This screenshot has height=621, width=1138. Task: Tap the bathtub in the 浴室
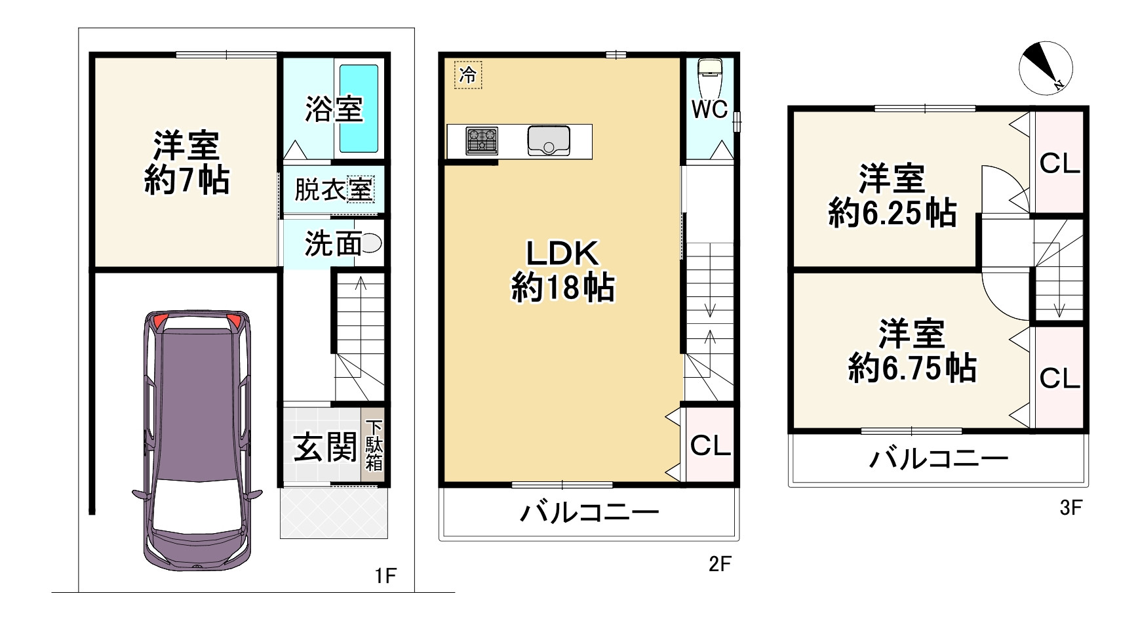(359, 108)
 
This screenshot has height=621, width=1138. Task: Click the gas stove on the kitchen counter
(482, 141)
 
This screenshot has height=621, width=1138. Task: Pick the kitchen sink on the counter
(549, 141)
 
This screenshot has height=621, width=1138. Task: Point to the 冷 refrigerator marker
(468, 74)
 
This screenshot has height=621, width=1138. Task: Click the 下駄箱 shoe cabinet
(373, 445)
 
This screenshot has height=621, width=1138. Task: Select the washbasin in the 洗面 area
(371, 243)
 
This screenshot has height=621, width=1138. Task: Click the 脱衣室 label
(333, 190)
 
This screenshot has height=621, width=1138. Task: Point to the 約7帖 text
(186, 180)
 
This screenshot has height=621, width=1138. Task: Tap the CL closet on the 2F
(710, 446)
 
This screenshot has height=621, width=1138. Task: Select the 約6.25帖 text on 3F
(892, 213)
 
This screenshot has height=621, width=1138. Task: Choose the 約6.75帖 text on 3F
(912, 369)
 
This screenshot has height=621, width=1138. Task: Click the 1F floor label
(385, 576)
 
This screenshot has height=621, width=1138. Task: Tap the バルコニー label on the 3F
(937, 459)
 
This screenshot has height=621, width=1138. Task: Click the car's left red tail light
(160, 321)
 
